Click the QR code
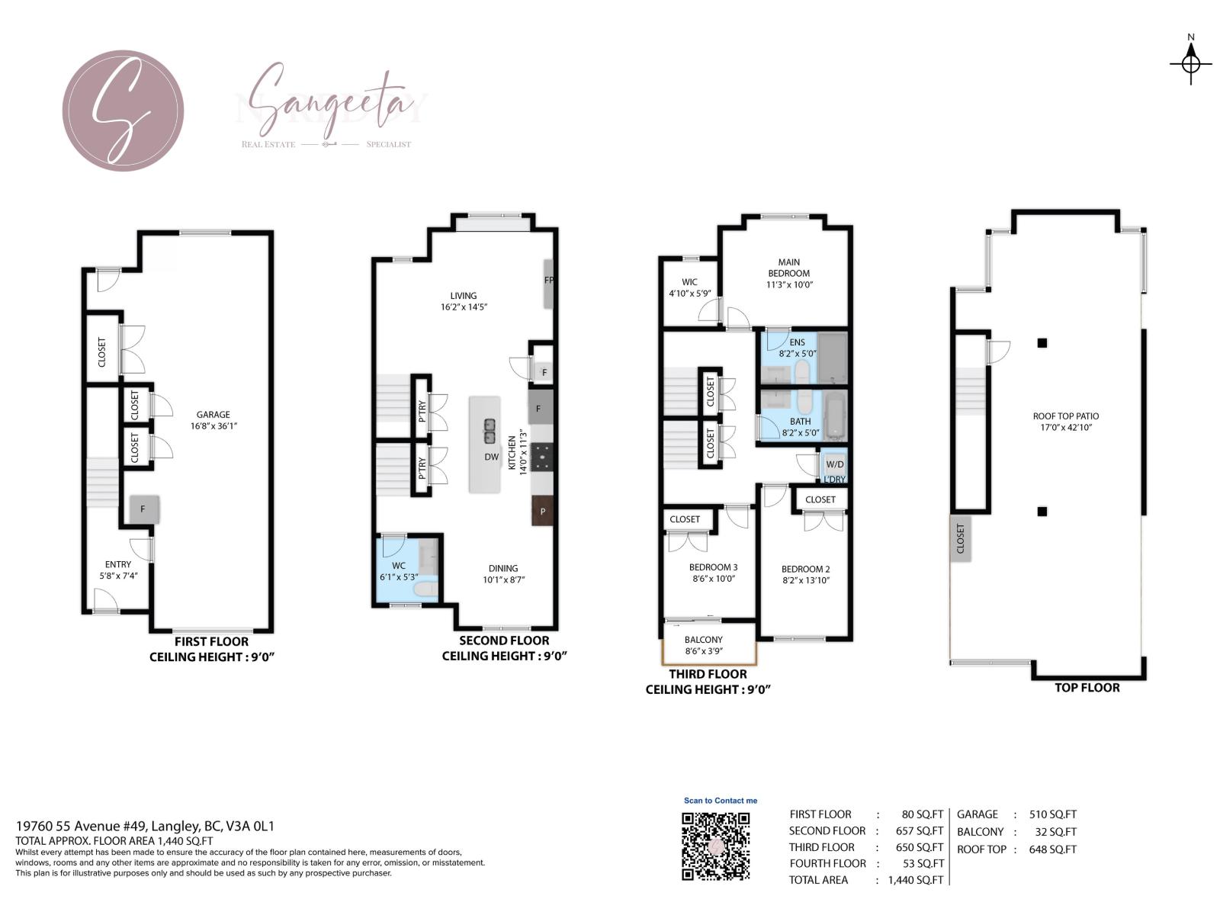(715, 846)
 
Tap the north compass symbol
(1190, 63)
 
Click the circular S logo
(123, 111)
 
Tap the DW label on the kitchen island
(491, 457)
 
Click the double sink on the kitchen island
(490, 431)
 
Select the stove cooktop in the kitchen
(542, 457)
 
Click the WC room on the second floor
(399, 571)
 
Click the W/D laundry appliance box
(835, 464)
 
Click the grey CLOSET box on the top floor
(960, 538)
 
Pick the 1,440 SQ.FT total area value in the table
(915, 880)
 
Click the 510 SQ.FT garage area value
(1052, 814)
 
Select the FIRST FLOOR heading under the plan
(211, 642)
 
